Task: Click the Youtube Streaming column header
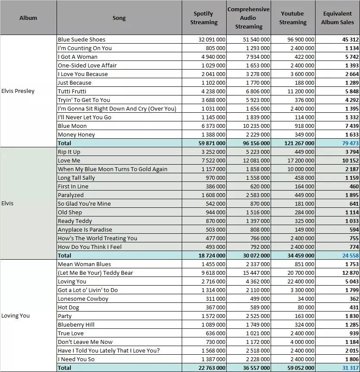(x=293, y=18)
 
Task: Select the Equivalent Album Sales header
(x=338, y=18)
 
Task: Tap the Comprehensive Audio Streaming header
(x=248, y=18)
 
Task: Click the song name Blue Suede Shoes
(x=82, y=39)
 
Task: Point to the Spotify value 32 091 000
(x=212, y=39)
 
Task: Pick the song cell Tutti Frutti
(x=72, y=91)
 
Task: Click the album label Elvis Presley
(x=18, y=91)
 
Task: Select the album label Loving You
(x=16, y=316)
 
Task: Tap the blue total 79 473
(x=351, y=143)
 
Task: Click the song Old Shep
(x=70, y=212)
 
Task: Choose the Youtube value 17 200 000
(x=301, y=161)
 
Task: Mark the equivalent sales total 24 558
(x=351, y=255)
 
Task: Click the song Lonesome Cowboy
(x=83, y=299)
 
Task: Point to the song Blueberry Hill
(x=76, y=324)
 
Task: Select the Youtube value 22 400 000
(x=301, y=281)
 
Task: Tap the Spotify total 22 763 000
(x=212, y=368)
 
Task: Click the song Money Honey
(x=76, y=134)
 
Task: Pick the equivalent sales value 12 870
(x=351, y=273)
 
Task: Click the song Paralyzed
(x=71, y=195)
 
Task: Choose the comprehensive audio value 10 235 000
(x=256, y=126)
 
